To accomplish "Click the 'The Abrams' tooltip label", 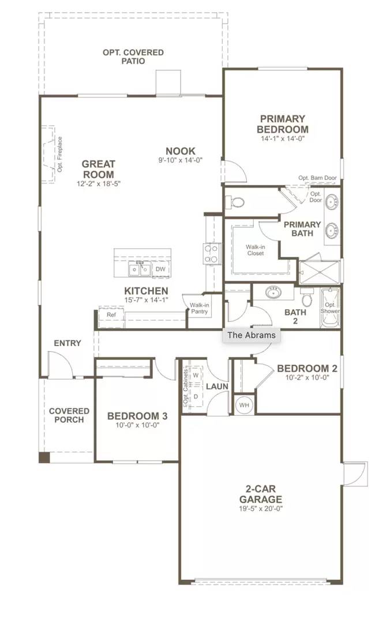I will coord(252,335).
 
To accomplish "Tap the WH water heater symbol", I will coord(244,405).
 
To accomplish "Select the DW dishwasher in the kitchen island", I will coord(160,269).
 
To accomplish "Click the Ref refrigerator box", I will coord(111,315).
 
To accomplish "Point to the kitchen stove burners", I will coord(211,253).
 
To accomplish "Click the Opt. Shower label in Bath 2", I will coord(330,307).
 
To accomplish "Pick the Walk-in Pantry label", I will coord(197,308).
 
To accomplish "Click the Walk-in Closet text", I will coord(256,249).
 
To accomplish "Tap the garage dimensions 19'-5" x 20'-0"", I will coord(261,509).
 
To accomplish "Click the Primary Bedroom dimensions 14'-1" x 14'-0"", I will coord(282,138).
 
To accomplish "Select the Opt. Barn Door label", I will coord(317,178).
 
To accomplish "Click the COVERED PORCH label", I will coord(69,415).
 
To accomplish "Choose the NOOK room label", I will coord(180,151).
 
